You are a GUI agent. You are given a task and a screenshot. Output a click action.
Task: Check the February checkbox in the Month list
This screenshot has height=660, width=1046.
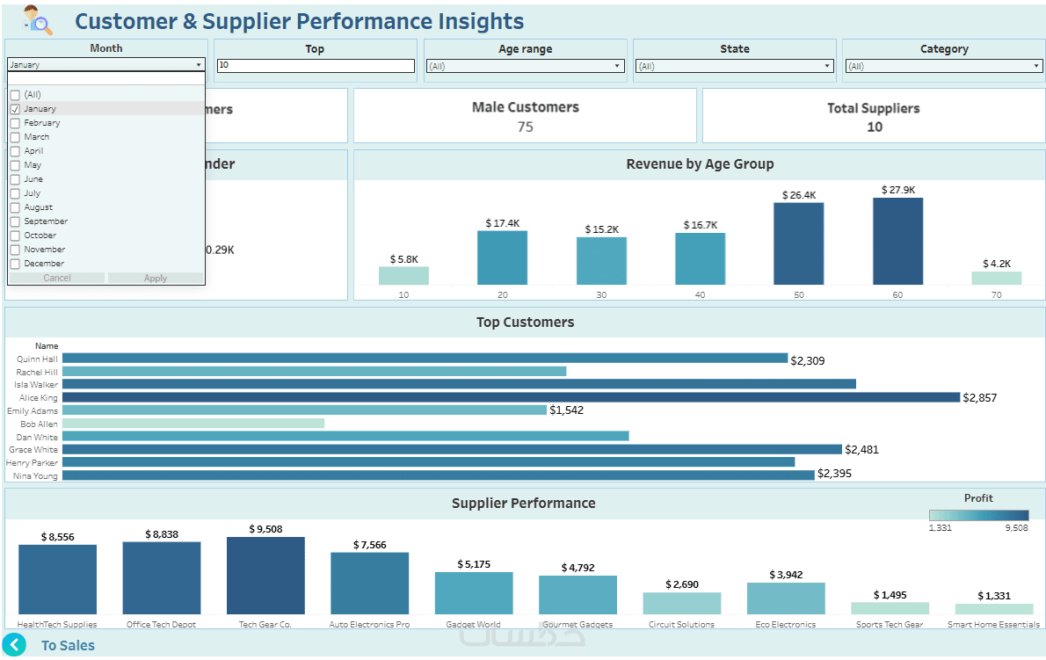pyautogui.click(x=15, y=123)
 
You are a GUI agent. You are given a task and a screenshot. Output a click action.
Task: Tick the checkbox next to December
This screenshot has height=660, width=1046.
pyautogui.click(x=15, y=264)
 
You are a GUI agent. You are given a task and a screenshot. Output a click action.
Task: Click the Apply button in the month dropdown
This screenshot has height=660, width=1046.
pyautogui.click(x=156, y=278)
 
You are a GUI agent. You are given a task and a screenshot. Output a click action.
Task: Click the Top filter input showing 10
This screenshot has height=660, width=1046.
pyautogui.click(x=316, y=66)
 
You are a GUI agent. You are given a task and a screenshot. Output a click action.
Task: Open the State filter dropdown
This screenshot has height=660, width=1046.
pyautogui.click(x=735, y=66)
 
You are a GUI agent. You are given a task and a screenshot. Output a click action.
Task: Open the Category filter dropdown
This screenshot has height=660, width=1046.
pyautogui.click(x=944, y=66)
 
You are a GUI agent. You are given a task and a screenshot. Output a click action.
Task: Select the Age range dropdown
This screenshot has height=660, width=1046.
pyautogui.click(x=526, y=66)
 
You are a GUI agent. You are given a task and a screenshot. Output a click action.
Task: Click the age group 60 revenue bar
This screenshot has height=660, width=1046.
pyautogui.click(x=897, y=241)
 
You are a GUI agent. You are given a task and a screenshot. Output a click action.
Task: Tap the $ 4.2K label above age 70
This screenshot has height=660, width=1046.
pyautogui.click(x=997, y=264)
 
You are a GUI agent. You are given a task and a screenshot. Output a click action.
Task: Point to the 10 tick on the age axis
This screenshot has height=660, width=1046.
pyautogui.click(x=403, y=295)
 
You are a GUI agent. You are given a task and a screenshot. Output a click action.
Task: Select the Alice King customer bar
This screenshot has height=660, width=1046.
pyautogui.click(x=511, y=398)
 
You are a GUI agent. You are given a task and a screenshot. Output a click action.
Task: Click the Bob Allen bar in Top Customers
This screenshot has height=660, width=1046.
pyautogui.click(x=193, y=424)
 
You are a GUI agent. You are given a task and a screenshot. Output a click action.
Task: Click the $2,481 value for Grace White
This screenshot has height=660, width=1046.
pyautogui.click(x=861, y=450)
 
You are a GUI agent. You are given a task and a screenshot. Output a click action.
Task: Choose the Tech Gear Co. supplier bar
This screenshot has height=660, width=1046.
pyautogui.click(x=265, y=576)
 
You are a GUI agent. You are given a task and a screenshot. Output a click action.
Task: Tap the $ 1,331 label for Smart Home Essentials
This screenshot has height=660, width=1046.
pyautogui.click(x=993, y=596)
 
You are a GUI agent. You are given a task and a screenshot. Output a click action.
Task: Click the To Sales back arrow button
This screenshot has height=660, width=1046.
pyautogui.click(x=14, y=645)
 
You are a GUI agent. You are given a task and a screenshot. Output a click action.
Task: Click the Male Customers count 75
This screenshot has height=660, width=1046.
pyautogui.click(x=525, y=127)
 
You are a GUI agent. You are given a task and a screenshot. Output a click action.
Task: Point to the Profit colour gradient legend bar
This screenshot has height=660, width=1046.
pyautogui.click(x=978, y=516)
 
